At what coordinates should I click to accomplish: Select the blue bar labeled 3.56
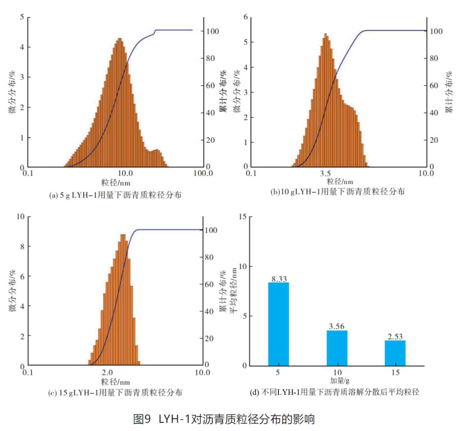click(x=337, y=348)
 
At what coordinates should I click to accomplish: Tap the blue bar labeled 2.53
click(x=395, y=353)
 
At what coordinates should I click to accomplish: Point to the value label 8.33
click(x=279, y=279)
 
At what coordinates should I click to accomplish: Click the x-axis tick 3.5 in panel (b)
click(x=325, y=173)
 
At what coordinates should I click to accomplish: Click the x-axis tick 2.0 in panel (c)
click(x=107, y=372)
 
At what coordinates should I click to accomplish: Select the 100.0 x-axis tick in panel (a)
click(x=203, y=173)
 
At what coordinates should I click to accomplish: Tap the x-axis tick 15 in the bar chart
click(x=395, y=372)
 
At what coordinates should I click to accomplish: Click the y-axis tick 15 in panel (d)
click(x=243, y=216)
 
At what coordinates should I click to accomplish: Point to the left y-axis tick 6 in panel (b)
click(x=246, y=17)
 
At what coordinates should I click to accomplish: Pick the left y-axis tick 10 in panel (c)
click(x=20, y=216)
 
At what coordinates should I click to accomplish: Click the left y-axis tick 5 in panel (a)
click(x=22, y=17)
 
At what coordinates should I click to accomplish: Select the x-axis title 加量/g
click(x=340, y=380)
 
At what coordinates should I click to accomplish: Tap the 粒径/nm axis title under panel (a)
click(x=116, y=183)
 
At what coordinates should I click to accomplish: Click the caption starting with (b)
click(x=337, y=191)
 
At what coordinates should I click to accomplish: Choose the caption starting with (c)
click(x=115, y=392)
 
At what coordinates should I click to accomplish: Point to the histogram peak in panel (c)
click(x=123, y=235)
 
